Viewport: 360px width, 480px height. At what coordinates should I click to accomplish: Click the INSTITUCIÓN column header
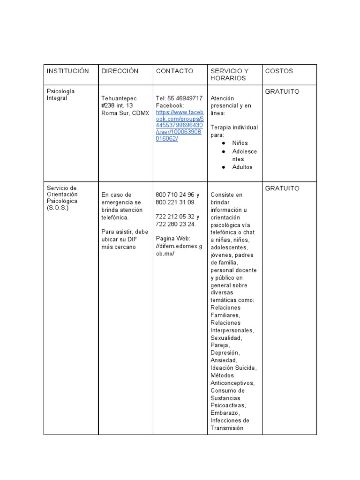pos(67,71)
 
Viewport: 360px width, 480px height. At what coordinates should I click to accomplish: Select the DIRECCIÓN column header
pos(120,71)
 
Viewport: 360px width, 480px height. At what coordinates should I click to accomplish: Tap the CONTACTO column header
pos(174,71)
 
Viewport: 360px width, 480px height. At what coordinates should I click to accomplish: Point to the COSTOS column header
pos(279,71)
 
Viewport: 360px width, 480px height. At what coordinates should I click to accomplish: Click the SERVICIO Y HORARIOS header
pos(229,75)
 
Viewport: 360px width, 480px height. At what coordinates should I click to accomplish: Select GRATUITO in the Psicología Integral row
pos(282,91)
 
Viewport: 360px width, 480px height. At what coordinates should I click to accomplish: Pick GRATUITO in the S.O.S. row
pos(282,188)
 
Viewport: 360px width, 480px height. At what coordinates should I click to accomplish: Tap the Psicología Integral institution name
pos(60,95)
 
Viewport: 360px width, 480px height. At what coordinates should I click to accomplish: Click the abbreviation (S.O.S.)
pos(58,208)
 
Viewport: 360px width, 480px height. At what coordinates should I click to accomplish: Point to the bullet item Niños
pos(240,143)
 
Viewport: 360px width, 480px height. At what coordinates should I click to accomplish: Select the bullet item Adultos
pos(242,167)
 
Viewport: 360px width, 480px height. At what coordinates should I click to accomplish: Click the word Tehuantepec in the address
pos(119,98)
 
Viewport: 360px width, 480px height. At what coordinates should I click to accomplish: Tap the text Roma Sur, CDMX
pos(125,113)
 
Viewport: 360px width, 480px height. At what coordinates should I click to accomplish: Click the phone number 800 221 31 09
pos(176,202)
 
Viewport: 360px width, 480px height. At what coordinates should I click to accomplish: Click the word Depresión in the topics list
pos(225,352)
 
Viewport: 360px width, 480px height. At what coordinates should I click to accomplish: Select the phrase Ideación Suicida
pos(233,368)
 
